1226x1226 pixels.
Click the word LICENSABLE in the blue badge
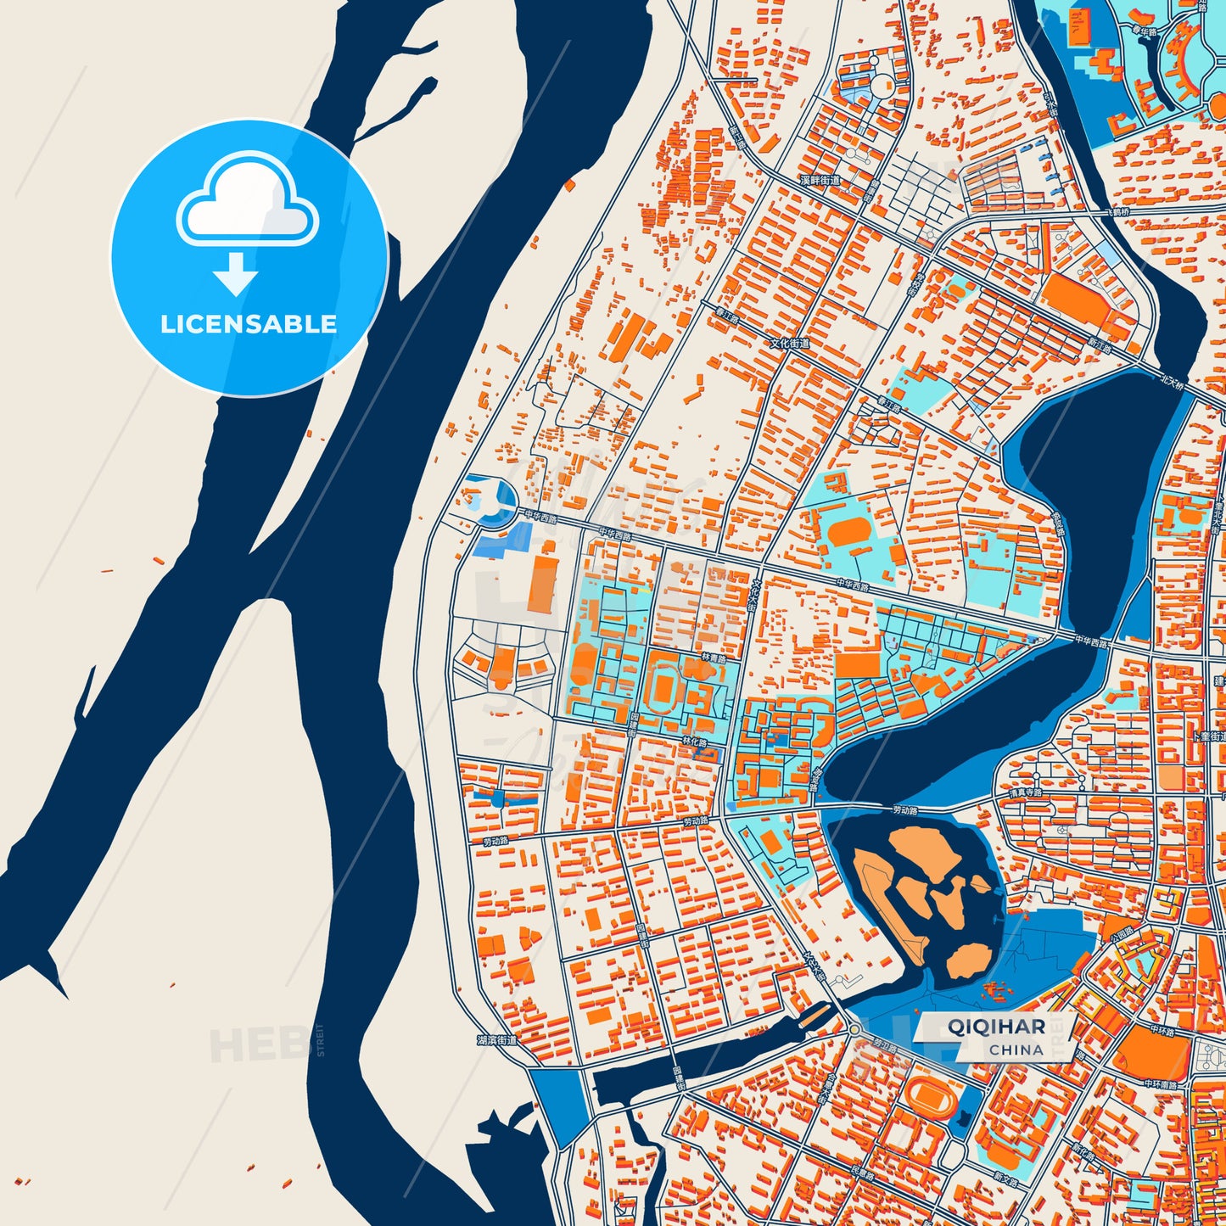pyautogui.click(x=249, y=324)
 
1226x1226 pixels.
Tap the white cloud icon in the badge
pyautogui.click(x=247, y=206)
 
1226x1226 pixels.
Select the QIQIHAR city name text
pyautogui.click(x=996, y=1026)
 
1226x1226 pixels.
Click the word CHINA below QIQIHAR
pyautogui.click(x=1016, y=1050)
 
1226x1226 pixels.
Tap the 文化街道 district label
pyautogui.click(x=790, y=344)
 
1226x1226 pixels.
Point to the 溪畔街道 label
pyautogui.click(x=820, y=181)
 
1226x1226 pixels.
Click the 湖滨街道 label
pyautogui.click(x=496, y=1039)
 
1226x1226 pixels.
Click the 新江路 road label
pyautogui.click(x=1100, y=345)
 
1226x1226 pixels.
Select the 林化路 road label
pyautogui.click(x=694, y=742)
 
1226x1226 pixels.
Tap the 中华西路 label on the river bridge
pyautogui.click(x=1091, y=642)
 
